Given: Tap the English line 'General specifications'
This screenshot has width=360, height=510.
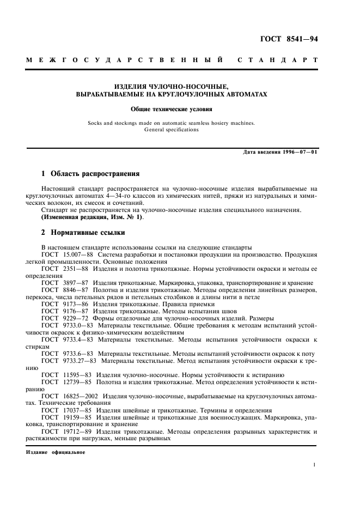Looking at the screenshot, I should [172, 130].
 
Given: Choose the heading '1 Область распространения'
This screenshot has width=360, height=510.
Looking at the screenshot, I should [91, 174].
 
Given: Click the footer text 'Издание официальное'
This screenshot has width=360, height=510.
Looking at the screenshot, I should [55, 452].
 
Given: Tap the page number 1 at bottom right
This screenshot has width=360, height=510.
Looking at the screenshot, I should [315, 465].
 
